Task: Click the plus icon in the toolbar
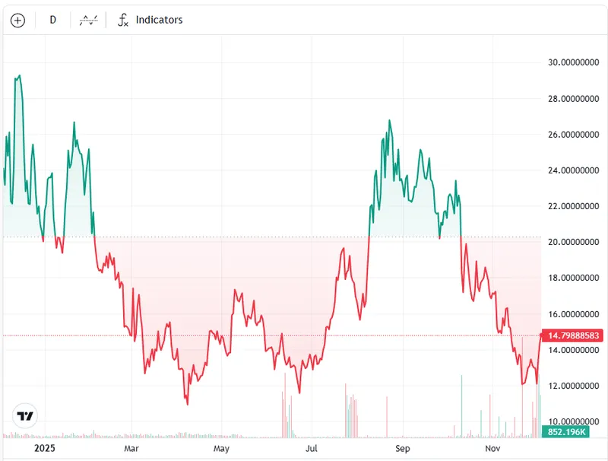17,21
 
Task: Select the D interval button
52,20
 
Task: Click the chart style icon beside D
89,21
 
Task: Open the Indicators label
159,20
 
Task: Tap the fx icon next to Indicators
122,21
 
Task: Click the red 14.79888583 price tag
573,335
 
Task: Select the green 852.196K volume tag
564,432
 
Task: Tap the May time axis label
221,448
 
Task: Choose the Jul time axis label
312,448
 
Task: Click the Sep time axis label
403,448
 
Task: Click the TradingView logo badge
26,416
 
